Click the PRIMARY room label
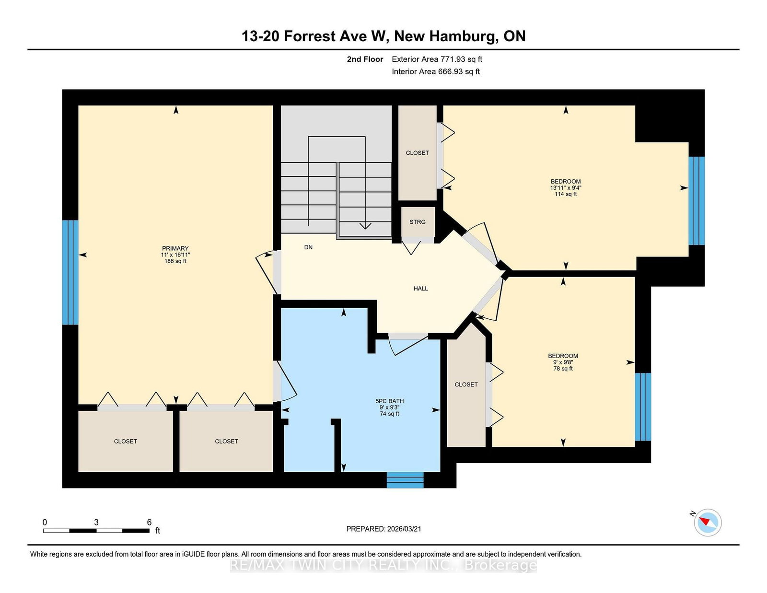175,248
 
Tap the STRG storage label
417,222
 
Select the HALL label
421,289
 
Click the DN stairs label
308,247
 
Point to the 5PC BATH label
390,401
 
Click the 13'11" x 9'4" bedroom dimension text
566,188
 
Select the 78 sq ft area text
563,369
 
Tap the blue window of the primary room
70,272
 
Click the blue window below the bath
405,480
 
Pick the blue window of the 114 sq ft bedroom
697,200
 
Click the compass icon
708,523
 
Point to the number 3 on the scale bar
96,522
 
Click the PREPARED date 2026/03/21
404,529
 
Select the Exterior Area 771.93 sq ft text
437,59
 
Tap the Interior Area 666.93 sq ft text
436,71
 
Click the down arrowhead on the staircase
365,226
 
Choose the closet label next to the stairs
417,153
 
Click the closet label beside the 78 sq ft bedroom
466,384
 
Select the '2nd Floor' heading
365,59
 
